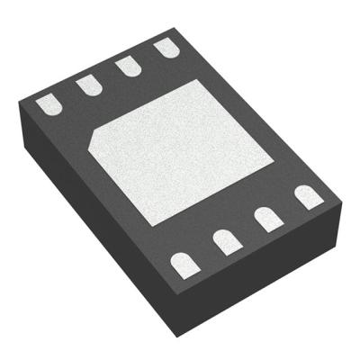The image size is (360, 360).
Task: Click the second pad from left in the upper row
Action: pos(87,85)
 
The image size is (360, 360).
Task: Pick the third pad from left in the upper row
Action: pos(127,66)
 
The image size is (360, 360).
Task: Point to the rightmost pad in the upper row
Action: pos(165,48)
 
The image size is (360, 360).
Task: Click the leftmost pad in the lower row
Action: pos(184,263)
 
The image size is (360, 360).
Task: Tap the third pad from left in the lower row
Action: pos(267,219)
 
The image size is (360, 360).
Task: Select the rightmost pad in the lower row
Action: pos(308,196)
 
